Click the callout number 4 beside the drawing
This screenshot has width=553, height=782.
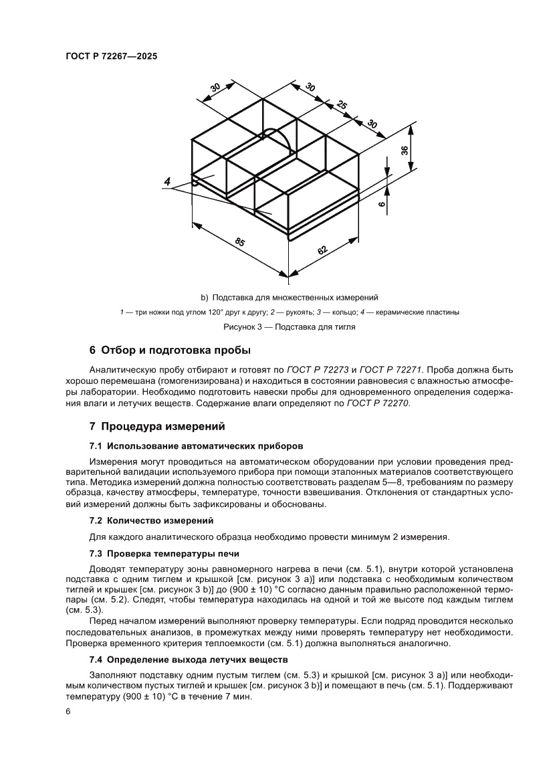167,182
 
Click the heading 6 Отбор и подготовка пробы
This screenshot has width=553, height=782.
170,351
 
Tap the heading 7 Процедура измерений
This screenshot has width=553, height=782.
157,426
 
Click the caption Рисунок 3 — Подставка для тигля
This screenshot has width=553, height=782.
289,327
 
